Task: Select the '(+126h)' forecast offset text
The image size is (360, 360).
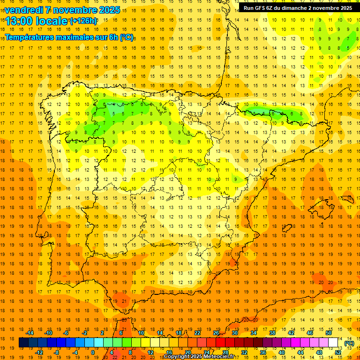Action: pos(83,21)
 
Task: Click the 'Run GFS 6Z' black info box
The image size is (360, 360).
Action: pos(298,8)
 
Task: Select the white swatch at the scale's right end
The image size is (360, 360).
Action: pos(333,343)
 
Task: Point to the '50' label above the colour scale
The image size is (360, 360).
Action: pos(329,333)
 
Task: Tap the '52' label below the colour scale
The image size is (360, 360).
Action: pos(338,352)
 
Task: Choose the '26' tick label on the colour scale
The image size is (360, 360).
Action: pos(216,333)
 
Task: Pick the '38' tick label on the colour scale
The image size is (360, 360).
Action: pos(272,333)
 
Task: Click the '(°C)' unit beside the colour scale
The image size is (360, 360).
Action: pos(349,343)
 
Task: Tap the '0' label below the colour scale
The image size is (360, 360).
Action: pos(93,352)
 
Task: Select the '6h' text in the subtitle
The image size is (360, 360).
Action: pos(113,37)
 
